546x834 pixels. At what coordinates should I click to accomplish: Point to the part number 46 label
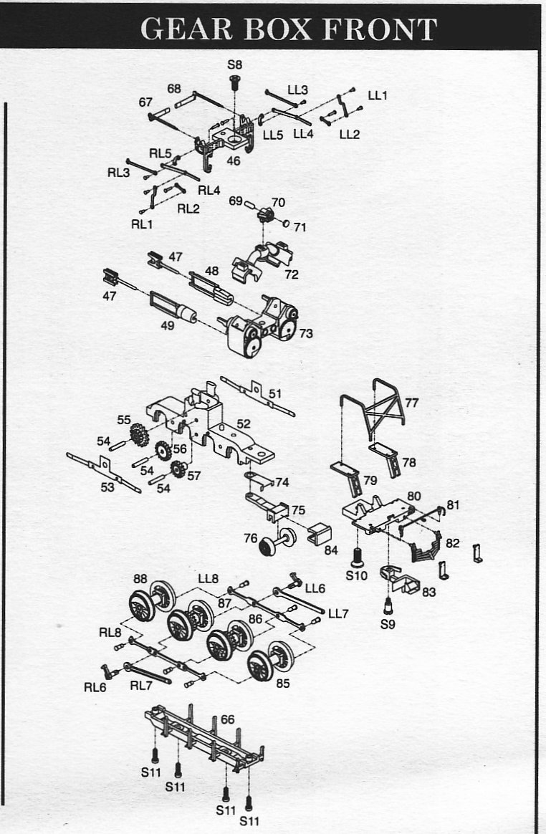(x=234, y=161)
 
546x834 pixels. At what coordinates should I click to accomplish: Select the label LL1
(x=378, y=95)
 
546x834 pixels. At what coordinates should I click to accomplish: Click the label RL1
(x=142, y=224)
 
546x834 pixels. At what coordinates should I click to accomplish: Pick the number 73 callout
(x=306, y=333)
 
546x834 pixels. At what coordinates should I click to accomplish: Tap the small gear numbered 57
(x=176, y=470)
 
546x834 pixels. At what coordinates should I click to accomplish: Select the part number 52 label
(x=244, y=424)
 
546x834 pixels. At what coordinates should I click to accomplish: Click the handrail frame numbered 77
(x=380, y=408)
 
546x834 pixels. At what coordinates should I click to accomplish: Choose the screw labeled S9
(x=388, y=606)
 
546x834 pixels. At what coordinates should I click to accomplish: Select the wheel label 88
(x=140, y=579)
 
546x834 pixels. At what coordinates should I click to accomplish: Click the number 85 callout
(x=283, y=684)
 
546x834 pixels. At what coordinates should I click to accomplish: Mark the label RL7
(x=140, y=685)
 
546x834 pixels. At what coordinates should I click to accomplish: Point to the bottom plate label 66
(x=228, y=719)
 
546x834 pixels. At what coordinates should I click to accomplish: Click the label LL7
(x=338, y=613)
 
